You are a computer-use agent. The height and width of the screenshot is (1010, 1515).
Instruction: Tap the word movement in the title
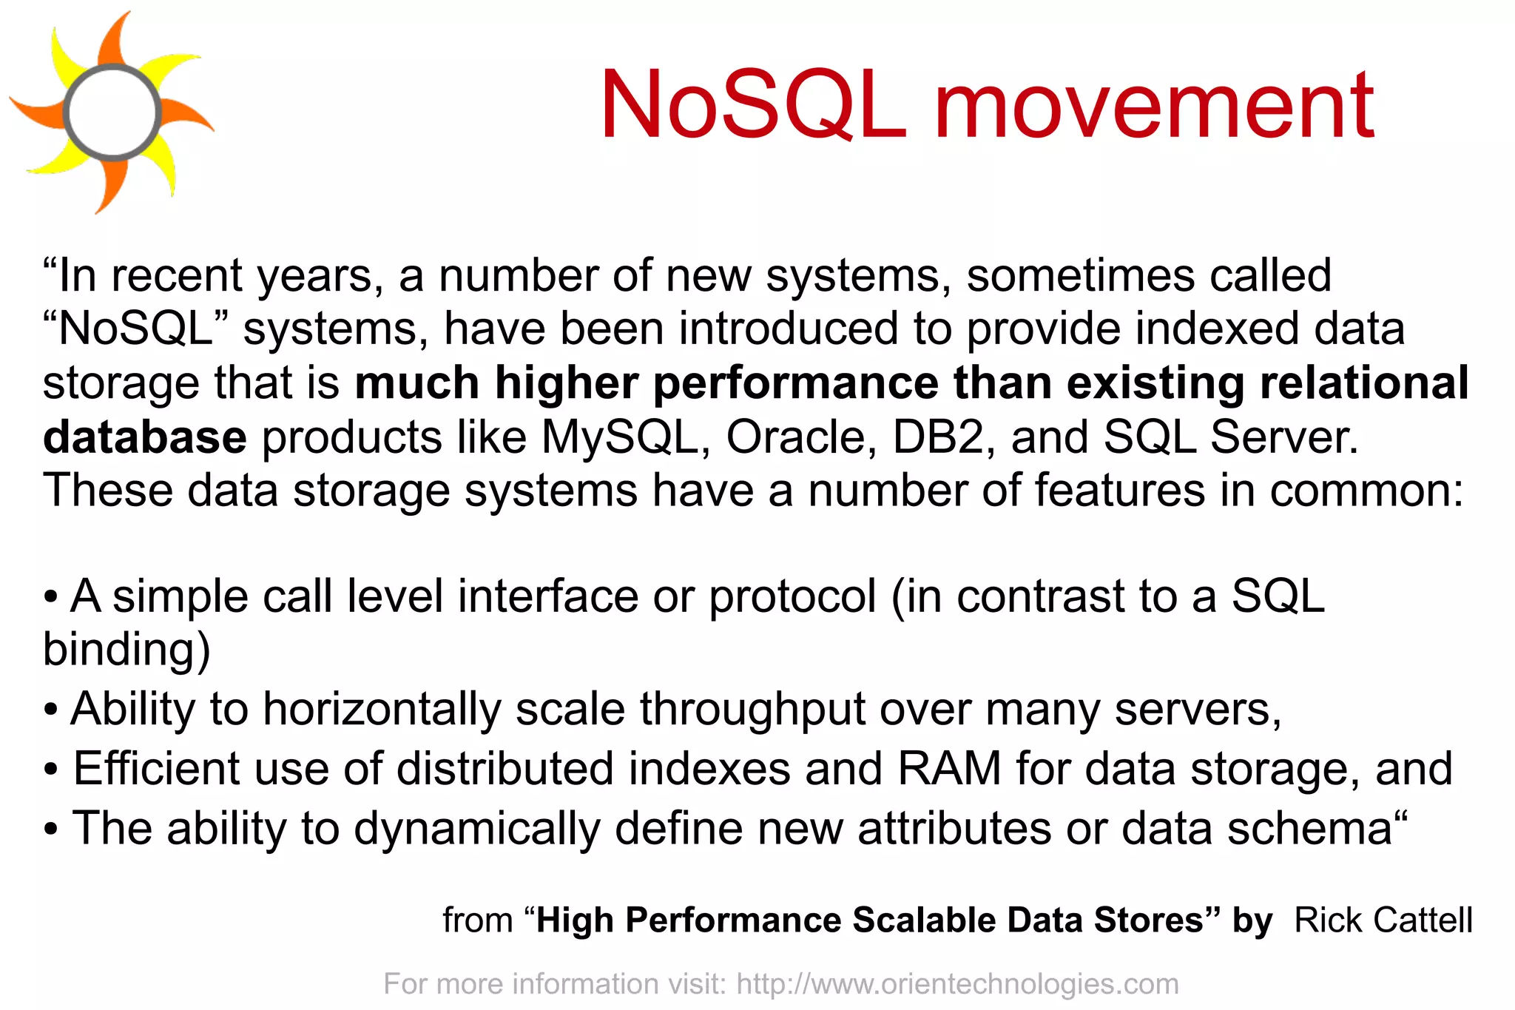click(1154, 104)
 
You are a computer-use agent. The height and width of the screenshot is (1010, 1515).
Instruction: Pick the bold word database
click(145, 437)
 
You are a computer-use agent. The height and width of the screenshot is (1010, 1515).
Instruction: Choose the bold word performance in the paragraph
click(796, 383)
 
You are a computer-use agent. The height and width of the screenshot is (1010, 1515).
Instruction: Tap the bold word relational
click(1364, 383)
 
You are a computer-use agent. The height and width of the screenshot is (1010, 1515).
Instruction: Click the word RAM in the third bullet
click(949, 768)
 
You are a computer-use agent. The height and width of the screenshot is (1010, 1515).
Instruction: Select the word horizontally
click(382, 709)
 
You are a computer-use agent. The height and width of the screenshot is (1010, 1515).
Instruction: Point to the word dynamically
click(476, 827)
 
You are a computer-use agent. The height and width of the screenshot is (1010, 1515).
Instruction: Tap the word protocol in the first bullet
click(792, 596)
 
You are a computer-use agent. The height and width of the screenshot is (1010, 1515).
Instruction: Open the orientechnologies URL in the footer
click(957, 984)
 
